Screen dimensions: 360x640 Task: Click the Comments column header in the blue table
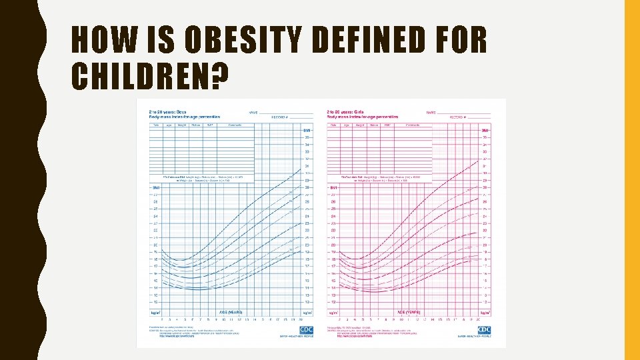(235, 125)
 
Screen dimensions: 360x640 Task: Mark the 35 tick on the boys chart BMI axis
(307, 137)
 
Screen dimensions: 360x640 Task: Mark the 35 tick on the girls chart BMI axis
(485, 137)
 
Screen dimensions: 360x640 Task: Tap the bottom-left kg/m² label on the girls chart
(333, 312)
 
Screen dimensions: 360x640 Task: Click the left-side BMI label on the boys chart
(155, 188)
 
